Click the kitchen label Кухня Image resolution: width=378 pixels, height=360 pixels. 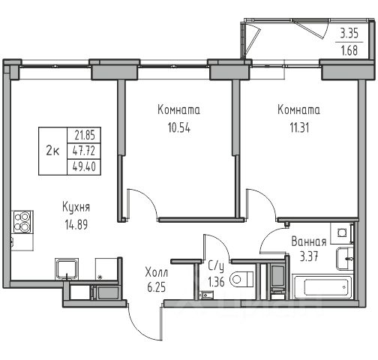[76, 208]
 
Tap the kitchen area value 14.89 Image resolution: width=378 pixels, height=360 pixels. [76, 224]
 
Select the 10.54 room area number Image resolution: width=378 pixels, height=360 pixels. [179, 127]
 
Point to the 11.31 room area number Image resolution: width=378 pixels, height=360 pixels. [299, 127]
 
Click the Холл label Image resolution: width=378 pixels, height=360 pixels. [157, 272]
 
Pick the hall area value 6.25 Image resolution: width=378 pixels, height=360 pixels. [157, 287]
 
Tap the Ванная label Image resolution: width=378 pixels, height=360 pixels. [309, 241]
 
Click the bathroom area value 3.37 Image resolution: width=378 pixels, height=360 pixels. [309, 256]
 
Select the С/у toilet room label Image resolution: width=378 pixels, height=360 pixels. [216, 267]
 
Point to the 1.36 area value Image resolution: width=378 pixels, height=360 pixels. [216, 282]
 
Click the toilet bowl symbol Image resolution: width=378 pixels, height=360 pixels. [242, 279]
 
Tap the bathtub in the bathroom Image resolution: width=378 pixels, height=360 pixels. [323, 287]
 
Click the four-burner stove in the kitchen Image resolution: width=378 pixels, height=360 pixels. [22, 222]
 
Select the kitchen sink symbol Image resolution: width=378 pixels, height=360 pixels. [67, 269]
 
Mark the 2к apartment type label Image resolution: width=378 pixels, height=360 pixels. [52, 151]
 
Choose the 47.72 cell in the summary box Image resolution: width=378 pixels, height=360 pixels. [84, 151]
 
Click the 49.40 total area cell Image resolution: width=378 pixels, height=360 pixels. [84, 166]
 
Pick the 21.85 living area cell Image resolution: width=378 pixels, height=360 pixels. [85, 136]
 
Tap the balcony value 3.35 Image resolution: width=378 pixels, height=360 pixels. [349, 33]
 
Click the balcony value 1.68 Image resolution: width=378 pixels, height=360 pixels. [349, 51]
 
